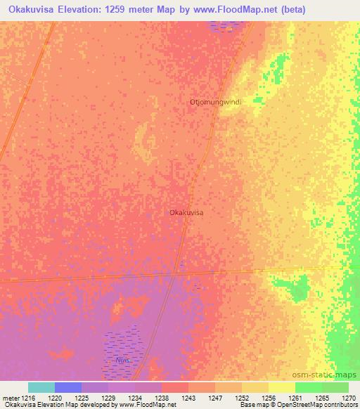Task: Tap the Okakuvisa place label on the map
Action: click(x=186, y=212)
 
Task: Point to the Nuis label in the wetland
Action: click(x=123, y=360)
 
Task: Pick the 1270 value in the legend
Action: click(x=349, y=397)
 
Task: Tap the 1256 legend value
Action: click(x=268, y=397)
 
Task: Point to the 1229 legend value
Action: click(x=108, y=397)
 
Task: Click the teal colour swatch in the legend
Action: click(x=41, y=387)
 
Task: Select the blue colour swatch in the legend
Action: click(x=68, y=387)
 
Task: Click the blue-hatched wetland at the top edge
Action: click(x=226, y=26)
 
